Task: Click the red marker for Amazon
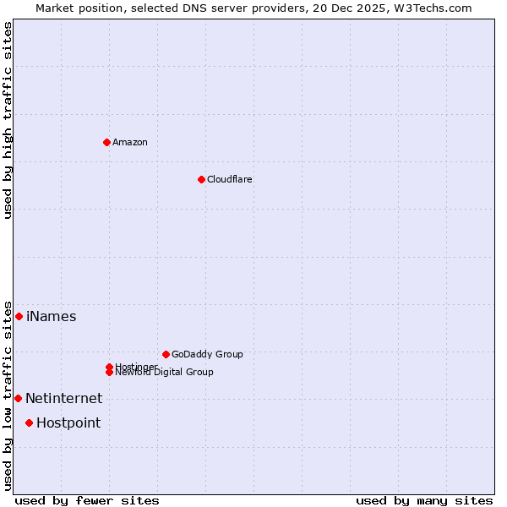coord(106,142)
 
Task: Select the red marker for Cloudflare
coord(201,179)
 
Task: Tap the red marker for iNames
coord(19,316)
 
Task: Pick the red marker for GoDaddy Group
coord(166,354)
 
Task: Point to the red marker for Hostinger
coord(109,367)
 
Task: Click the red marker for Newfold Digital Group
coord(109,372)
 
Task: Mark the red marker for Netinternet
coord(18,398)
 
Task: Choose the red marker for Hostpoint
coord(29,422)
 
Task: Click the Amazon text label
coord(130,142)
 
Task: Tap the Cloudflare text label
coord(230,179)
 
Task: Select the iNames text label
coord(52,317)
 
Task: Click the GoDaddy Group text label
coord(207,354)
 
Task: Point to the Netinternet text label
coord(63,399)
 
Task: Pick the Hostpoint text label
coord(68,423)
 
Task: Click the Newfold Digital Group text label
coord(165,373)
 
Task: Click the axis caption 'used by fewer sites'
coord(87,500)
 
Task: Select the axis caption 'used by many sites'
coord(424,500)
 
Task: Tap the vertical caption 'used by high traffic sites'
coord(8,120)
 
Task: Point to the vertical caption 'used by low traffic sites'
coord(8,395)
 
